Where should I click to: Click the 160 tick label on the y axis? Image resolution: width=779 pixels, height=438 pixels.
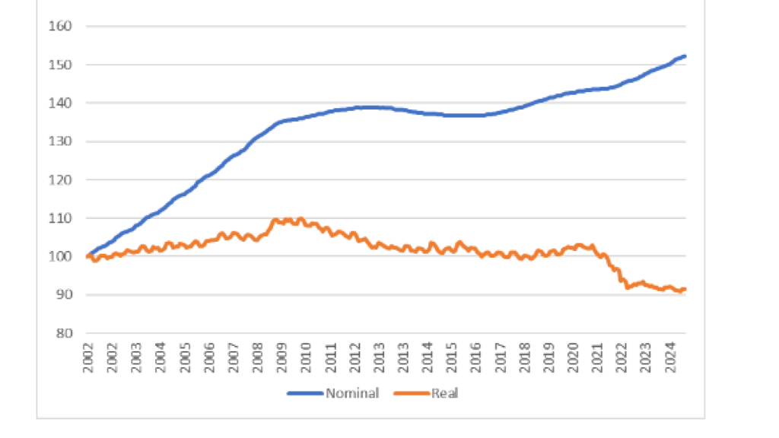click(x=61, y=27)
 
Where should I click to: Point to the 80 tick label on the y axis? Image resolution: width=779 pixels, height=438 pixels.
click(x=63, y=333)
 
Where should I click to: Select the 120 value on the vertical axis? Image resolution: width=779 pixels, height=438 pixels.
click(x=61, y=179)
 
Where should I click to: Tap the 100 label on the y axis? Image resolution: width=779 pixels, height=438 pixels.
click(x=61, y=256)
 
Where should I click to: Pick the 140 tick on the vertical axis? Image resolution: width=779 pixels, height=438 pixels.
click(x=61, y=103)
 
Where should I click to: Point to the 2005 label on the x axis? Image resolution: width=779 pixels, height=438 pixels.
click(x=183, y=354)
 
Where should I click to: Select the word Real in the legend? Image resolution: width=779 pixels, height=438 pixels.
click(x=444, y=393)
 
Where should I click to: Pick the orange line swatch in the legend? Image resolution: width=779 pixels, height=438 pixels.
click(x=411, y=393)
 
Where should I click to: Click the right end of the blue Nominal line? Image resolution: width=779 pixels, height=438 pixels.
click(x=685, y=56)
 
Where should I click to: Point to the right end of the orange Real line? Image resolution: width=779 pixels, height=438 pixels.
click(x=685, y=289)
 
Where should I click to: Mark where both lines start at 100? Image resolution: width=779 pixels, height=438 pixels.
click(x=87, y=256)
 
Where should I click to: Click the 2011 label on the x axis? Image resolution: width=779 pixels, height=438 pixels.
click(x=331, y=354)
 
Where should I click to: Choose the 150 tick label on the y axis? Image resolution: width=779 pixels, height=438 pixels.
click(x=61, y=65)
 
